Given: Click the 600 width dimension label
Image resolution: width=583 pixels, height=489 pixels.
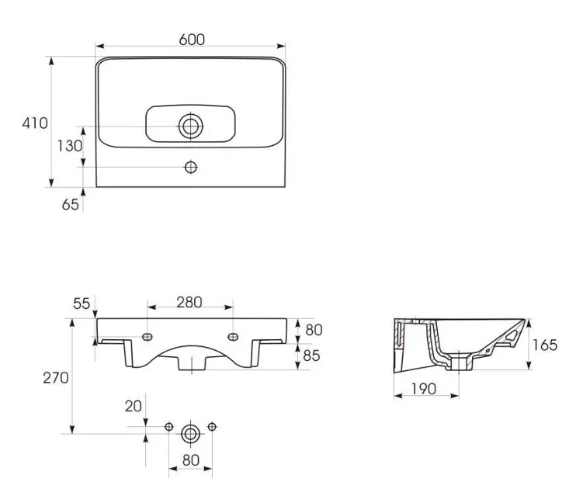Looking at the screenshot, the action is pyautogui.click(x=192, y=40).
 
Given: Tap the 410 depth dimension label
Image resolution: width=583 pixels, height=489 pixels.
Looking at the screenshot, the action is pyautogui.click(x=35, y=123).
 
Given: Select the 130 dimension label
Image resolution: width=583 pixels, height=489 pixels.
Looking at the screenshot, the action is pyautogui.click(x=70, y=146).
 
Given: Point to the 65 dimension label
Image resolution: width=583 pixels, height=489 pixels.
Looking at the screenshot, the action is pyautogui.click(x=71, y=204).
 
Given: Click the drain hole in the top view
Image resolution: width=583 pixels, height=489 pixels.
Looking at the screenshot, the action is pyautogui.click(x=191, y=127).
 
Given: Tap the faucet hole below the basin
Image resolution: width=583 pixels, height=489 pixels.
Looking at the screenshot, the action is pyautogui.click(x=191, y=168).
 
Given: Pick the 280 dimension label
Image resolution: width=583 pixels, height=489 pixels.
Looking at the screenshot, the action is pyautogui.click(x=189, y=302).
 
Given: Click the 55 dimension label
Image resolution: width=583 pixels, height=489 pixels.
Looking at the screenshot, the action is pyautogui.click(x=82, y=303).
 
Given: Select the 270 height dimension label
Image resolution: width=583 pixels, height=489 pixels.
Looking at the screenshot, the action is pyautogui.click(x=56, y=378).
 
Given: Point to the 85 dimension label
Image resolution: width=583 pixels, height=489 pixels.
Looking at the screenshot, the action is pyautogui.click(x=311, y=355).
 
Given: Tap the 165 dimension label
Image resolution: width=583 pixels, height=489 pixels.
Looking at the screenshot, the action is pyautogui.click(x=545, y=345).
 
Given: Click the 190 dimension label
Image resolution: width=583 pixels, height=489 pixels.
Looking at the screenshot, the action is pyautogui.click(x=424, y=389).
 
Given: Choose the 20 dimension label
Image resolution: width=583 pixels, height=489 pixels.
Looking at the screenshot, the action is pyautogui.click(x=133, y=406).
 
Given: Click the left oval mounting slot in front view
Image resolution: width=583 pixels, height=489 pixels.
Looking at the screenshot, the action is pyautogui.click(x=147, y=337).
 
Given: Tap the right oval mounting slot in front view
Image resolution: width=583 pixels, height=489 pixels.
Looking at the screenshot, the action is pyautogui.click(x=233, y=337).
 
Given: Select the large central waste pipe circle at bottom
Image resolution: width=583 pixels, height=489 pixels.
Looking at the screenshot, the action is pyautogui.click(x=190, y=434).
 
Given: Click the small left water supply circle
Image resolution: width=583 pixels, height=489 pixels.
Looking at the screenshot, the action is pyautogui.click(x=168, y=427).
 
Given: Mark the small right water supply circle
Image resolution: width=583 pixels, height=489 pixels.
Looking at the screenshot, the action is pyautogui.click(x=212, y=427).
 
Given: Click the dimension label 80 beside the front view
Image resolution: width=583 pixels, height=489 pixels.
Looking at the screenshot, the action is pyautogui.click(x=314, y=330).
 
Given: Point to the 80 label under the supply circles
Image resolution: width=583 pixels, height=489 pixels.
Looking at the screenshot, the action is pyautogui.click(x=191, y=460).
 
